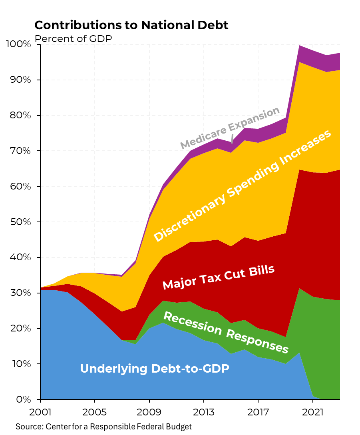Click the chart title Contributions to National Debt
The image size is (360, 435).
[x=131, y=25]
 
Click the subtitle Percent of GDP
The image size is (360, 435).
[x=73, y=39]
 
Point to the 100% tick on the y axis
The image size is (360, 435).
[x=19, y=44]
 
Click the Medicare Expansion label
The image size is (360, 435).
[x=229, y=128]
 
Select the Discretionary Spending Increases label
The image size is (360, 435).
[x=243, y=186]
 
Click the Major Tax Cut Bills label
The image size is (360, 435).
[x=219, y=277]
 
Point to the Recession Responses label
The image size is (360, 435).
[x=226, y=332]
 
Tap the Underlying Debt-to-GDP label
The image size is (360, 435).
[x=155, y=368]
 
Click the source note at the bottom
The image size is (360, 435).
[x=103, y=427]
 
